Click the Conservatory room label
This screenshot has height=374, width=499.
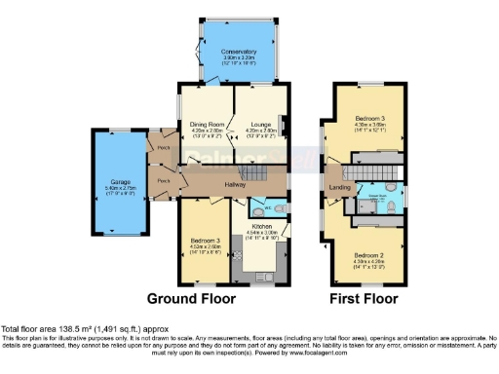[x=238, y=50]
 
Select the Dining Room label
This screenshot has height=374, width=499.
[x=207, y=124]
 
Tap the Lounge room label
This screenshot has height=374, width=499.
[x=260, y=124]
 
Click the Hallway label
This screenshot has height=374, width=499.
[x=235, y=184]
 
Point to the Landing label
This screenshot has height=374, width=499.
[x=340, y=187]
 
